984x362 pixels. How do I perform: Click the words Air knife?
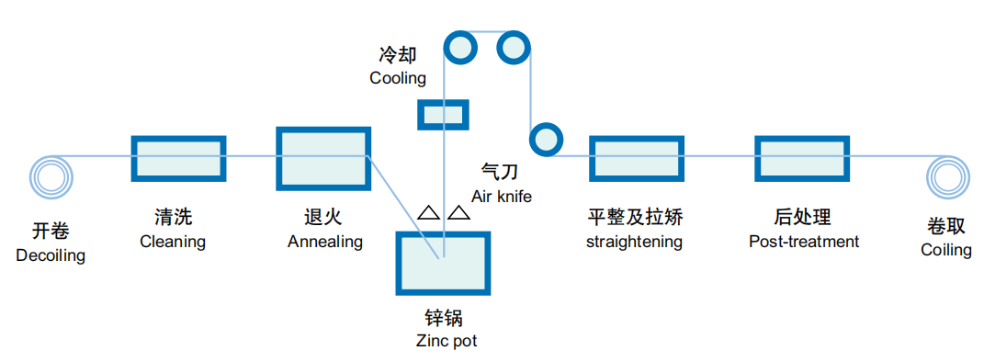pos(502,197)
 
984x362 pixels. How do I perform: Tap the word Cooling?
pos(398,78)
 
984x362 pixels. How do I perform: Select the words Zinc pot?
pos(447,341)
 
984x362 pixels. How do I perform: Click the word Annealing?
pos(325,242)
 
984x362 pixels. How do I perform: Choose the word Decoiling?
pos(51,256)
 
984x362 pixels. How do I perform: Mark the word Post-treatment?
pos(804,241)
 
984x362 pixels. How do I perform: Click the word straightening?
pos(635,242)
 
